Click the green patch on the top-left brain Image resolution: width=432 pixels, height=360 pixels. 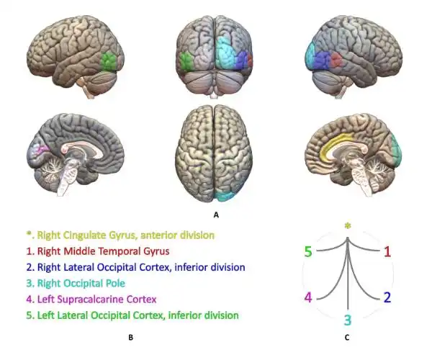[x=108, y=61]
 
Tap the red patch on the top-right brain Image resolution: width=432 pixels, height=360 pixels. [x=336, y=59]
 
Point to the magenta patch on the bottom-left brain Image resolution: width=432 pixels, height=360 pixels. [x=43, y=149]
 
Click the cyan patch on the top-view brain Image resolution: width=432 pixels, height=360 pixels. [x=225, y=196]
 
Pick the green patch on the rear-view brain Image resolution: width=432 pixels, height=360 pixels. [x=186, y=62]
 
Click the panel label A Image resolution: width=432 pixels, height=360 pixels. [x=216, y=215]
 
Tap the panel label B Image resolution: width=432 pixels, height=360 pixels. [x=131, y=338]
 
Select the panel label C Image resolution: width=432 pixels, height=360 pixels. [x=347, y=338]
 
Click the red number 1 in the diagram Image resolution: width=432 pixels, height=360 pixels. [x=387, y=251]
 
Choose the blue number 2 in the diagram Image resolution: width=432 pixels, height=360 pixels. [x=387, y=297]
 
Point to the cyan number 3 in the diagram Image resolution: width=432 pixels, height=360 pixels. [x=348, y=320]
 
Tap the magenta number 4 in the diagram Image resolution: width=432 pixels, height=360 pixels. [x=308, y=297]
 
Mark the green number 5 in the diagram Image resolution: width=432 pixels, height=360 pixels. [x=308, y=251]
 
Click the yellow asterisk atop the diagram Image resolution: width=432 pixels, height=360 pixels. [x=348, y=226]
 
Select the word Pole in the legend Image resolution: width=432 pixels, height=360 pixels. [x=116, y=283]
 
